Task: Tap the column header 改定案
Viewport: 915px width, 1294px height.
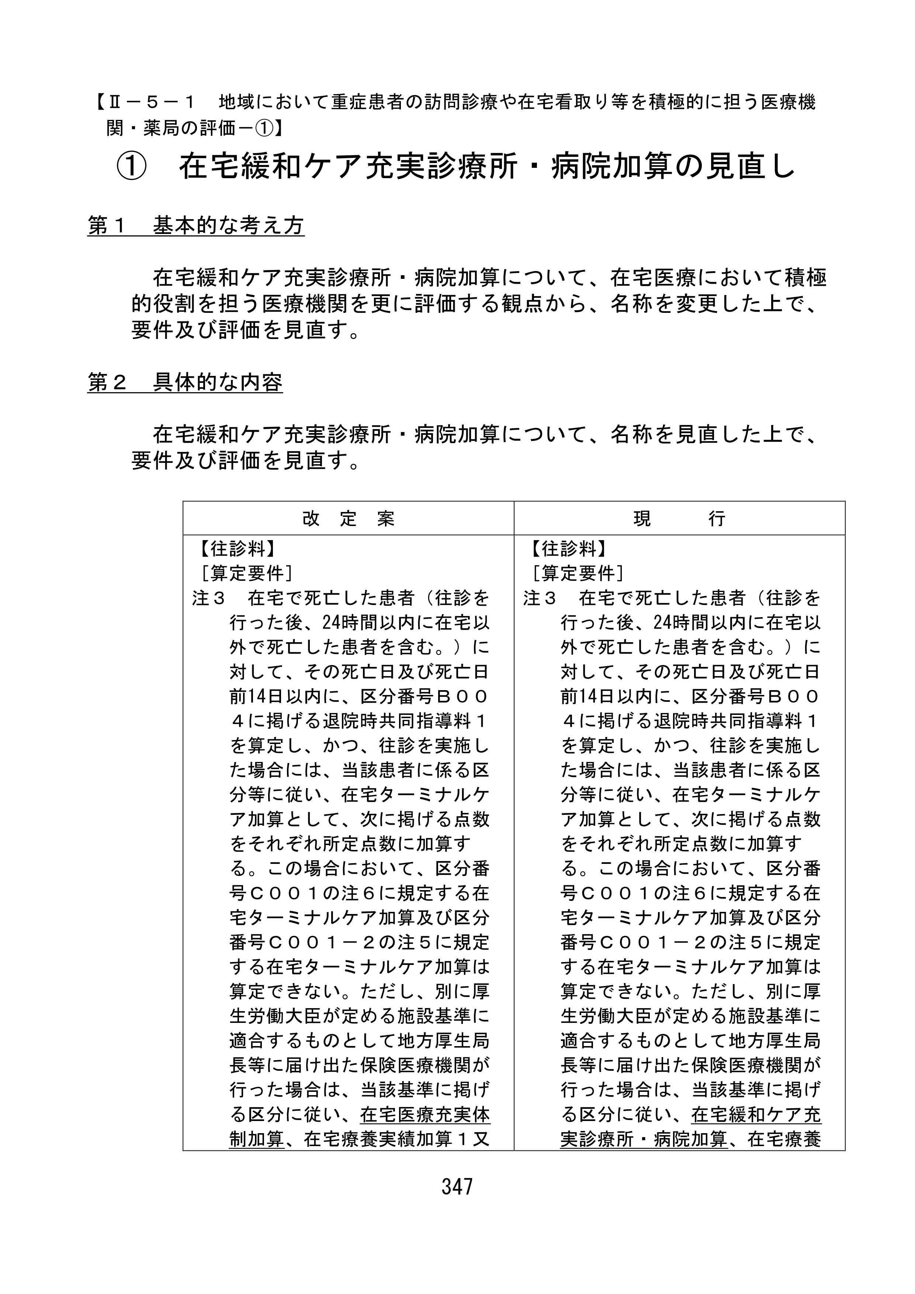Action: tap(348, 519)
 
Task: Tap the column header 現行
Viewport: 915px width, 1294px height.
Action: tap(679, 519)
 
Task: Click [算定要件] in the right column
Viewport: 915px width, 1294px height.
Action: tap(579, 573)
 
